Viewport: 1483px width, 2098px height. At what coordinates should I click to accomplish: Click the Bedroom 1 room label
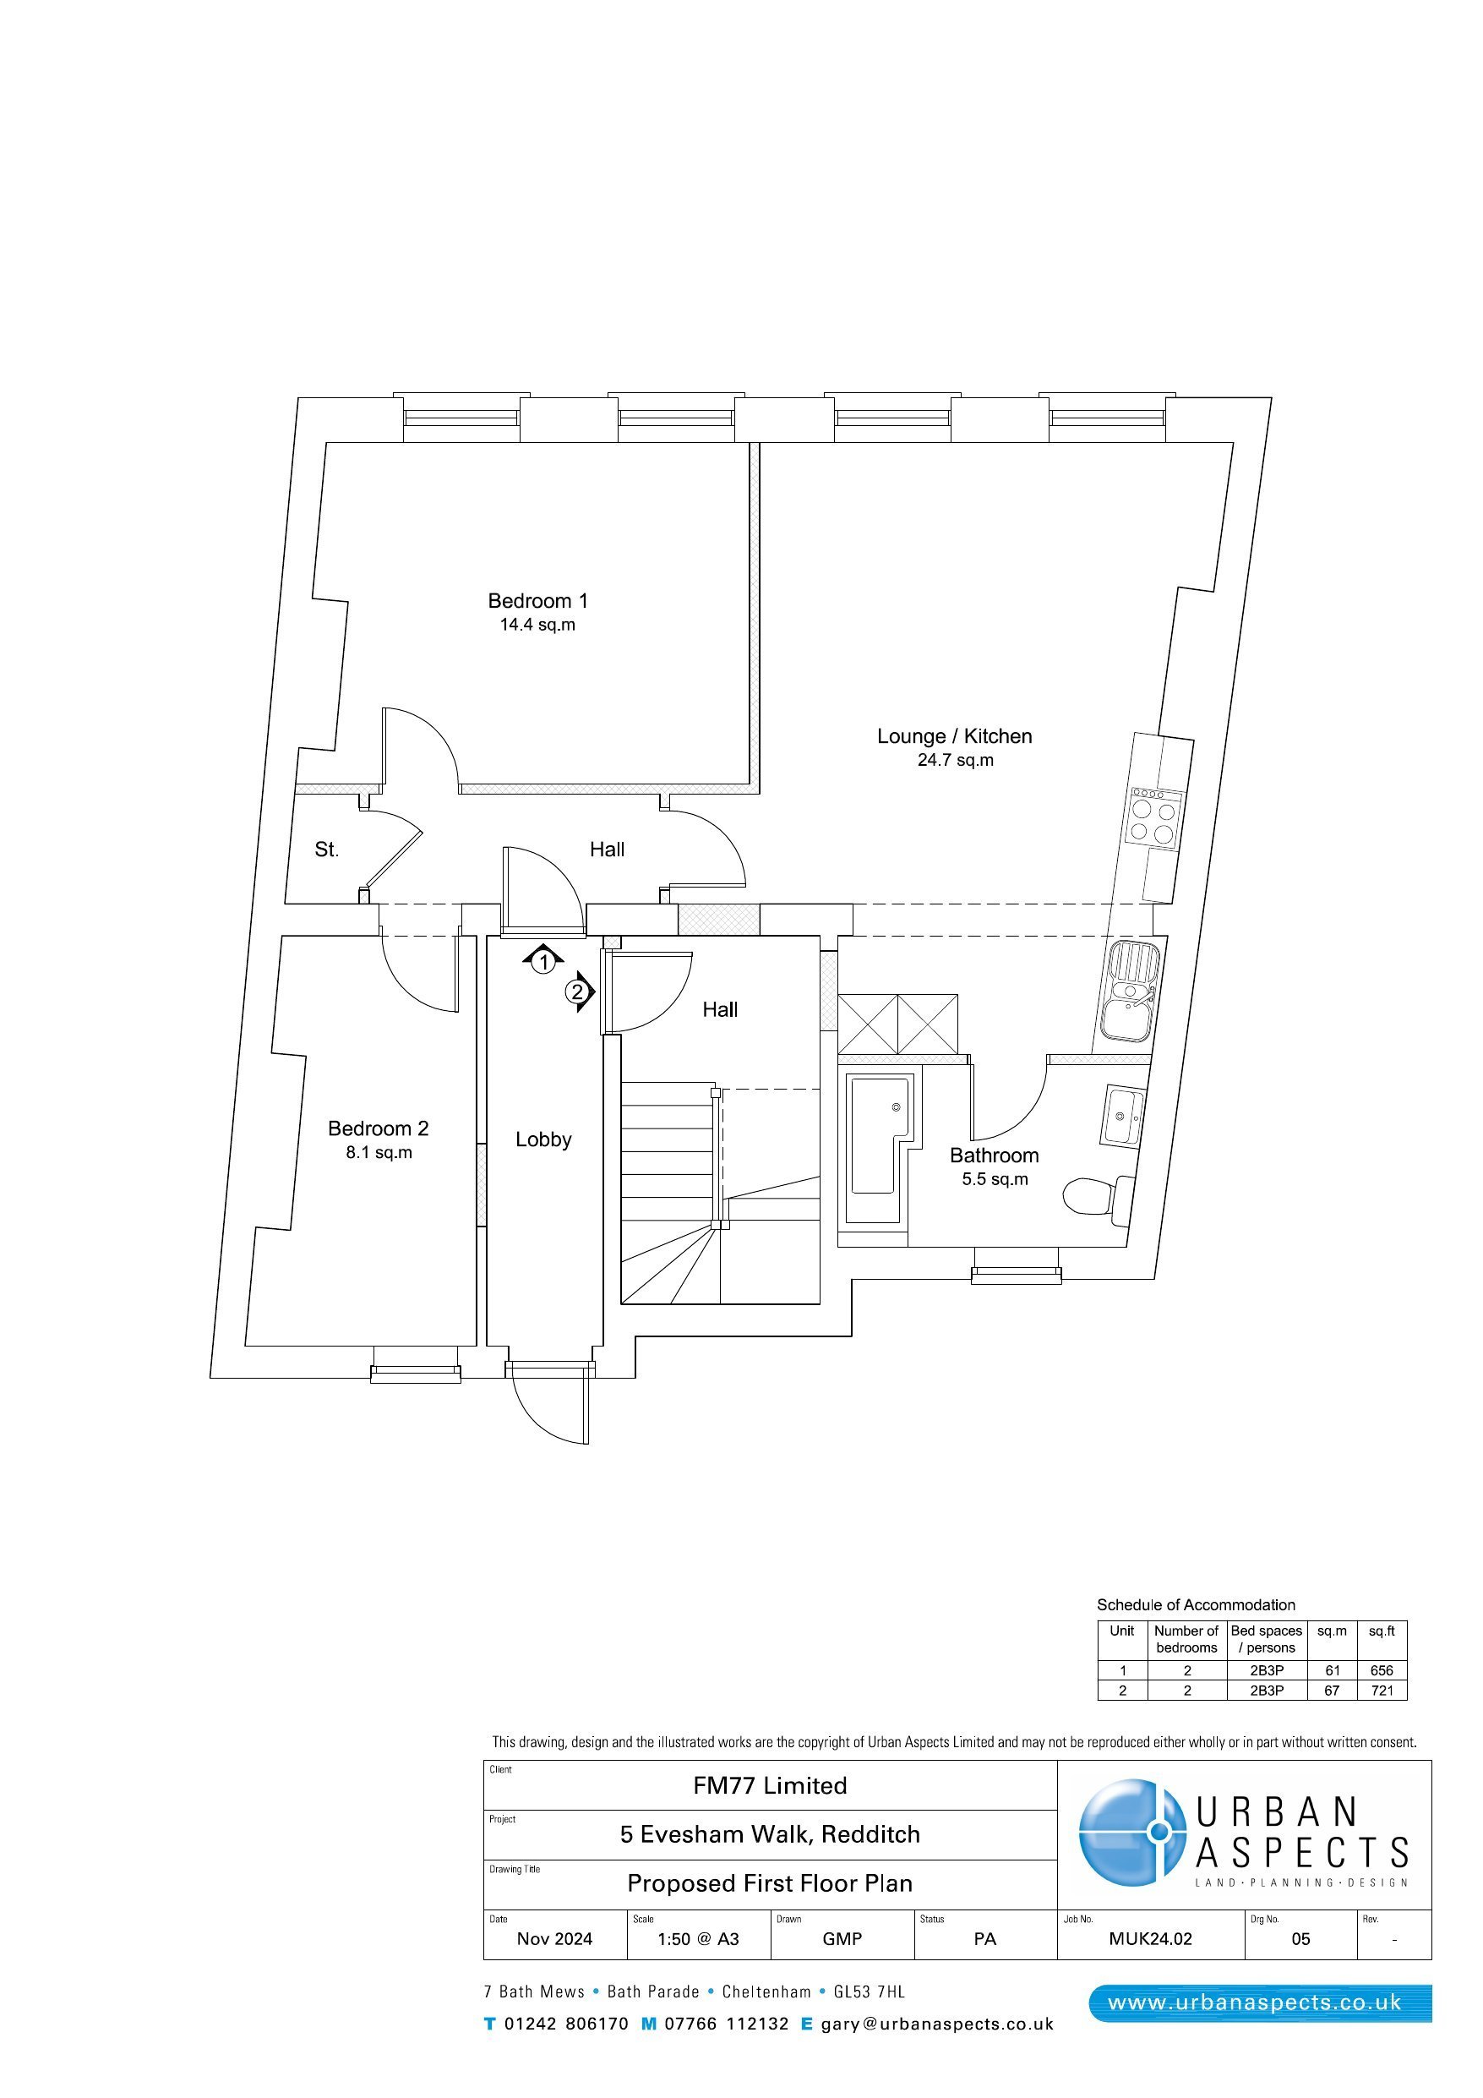537,600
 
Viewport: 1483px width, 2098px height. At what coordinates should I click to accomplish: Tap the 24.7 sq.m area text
955,759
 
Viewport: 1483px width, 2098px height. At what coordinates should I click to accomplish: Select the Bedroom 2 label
379,1128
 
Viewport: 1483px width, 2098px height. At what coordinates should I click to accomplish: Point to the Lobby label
542,1139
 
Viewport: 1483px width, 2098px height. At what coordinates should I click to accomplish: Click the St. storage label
326,849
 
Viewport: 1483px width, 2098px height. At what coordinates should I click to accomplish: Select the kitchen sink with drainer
1131,991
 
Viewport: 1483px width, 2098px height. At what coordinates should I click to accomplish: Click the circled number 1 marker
543,961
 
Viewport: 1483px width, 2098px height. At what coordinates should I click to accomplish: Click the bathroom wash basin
1122,1116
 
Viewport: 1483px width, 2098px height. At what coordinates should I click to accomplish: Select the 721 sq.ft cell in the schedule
1382,1691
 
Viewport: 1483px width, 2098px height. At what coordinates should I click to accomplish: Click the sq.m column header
1331,1631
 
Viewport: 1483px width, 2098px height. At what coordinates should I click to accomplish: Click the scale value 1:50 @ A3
698,1939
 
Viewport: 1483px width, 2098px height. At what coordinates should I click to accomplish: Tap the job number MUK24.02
1150,1939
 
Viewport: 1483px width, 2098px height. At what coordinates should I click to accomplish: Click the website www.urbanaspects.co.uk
1254,2004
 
